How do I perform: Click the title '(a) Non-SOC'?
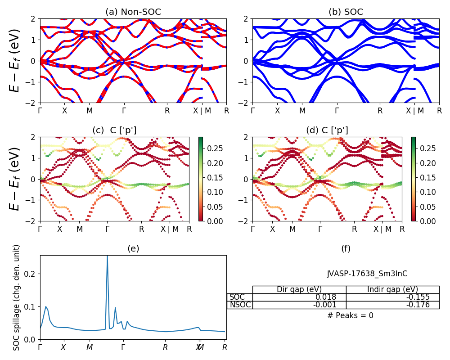pos(133,12)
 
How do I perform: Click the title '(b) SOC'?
pos(346,12)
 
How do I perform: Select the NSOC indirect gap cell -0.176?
pos(416,305)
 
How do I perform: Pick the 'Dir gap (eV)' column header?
pos(299,289)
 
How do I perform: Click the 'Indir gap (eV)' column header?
pos(392,289)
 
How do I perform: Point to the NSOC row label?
pos(240,305)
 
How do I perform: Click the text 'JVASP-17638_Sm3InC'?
pos(367,274)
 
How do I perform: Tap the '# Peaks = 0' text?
pos(350,315)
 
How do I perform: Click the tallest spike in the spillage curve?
pos(107,256)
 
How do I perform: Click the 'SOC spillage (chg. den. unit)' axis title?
pos(17,297)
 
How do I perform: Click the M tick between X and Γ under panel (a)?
pos(90,110)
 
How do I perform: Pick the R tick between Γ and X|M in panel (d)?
pos(354,229)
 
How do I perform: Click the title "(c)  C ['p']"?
pos(114,130)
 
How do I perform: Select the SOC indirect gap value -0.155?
pos(416,297)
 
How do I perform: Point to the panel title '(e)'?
pos(133,248)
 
